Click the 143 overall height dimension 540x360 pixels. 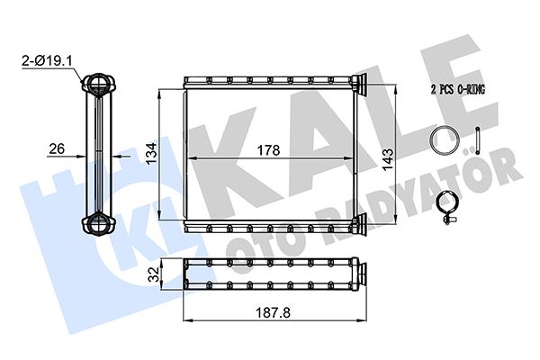tap(388, 159)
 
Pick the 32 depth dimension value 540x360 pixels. tap(155, 273)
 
